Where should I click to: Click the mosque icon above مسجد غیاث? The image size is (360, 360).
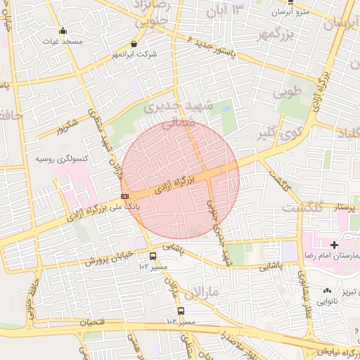tap(63, 31)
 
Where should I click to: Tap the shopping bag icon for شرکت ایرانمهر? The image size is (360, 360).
tap(134, 44)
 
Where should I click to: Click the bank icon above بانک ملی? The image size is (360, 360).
tap(124, 196)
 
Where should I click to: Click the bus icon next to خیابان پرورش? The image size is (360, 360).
tap(153, 257)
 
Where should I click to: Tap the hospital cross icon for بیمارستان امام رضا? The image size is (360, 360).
tap(333, 244)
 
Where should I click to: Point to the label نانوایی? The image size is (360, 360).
tap(327, 302)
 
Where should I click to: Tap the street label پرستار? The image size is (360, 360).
tap(344, 208)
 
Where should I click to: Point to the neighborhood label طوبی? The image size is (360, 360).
tap(286, 91)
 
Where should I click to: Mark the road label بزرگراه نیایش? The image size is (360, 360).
tap(330, 352)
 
